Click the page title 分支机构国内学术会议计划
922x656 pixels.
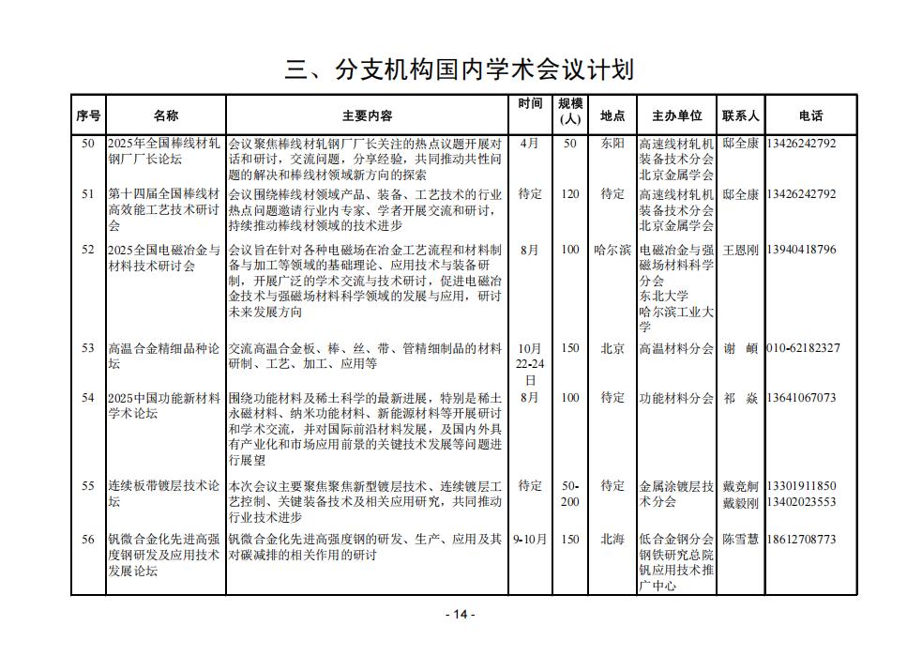[x=460, y=69]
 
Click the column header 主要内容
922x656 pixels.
[x=367, y=116]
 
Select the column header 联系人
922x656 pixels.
[x=740, y=116]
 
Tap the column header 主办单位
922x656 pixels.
[x=676, y=116]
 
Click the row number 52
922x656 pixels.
[x=88, y=250]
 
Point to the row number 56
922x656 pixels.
[x=88, y=539]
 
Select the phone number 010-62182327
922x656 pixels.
[x=803, y=347]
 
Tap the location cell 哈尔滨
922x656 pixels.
[x=612, y=250]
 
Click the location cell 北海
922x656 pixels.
[x=612, y=539]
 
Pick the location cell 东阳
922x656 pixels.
[x=612, y=144]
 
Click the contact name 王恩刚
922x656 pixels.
[x=740, y=250]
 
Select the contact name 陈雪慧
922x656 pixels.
[x=740, y=539]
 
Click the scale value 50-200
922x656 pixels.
[x=570, y=494]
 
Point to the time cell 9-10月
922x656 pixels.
[x=530, y=539]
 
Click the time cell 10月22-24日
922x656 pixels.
[x=530, y=364]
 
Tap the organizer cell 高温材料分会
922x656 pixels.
[x=676, y=347]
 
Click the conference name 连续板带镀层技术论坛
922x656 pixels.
[x=164, y=494]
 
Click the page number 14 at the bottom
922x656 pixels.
[x=460, y=614]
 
